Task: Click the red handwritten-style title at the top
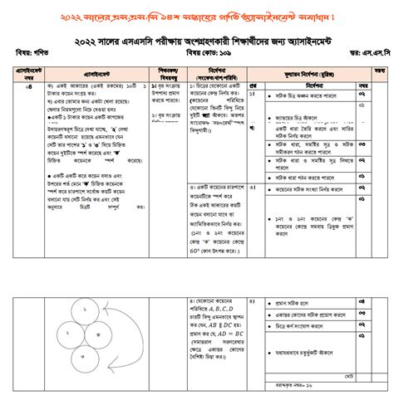197,17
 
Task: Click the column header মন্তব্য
378,71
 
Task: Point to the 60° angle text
194,250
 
